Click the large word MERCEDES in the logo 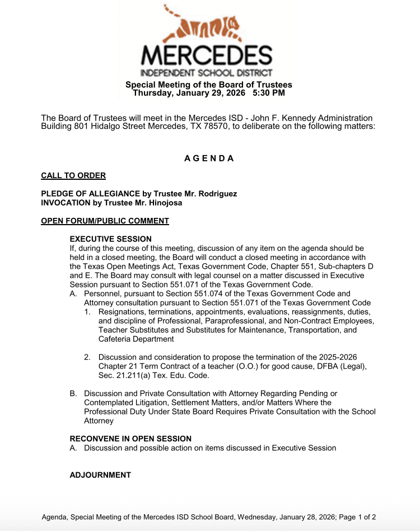coord(207,55)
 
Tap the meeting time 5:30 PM coord(269,93)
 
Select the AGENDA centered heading coord(209,159)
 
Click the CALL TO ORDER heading coord(73,176)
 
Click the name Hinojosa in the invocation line coord(162,203)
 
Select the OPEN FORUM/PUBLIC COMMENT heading coord(105,221)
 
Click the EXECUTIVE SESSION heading coord(111,239)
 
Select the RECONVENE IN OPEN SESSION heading coord(130,439)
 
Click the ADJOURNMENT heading coord(100,475)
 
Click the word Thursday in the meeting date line coord(151,93)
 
